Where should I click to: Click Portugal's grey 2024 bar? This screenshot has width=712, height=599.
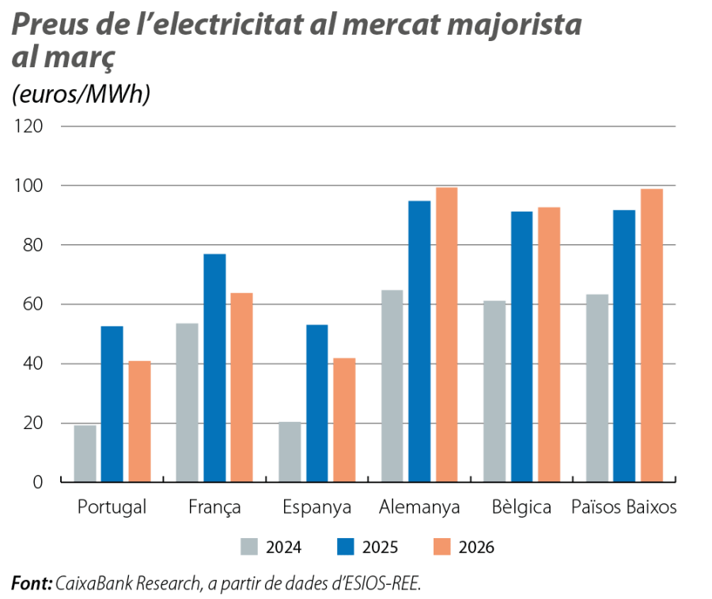[x=85, y=453]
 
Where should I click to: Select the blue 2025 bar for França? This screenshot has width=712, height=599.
[x=214, y=367]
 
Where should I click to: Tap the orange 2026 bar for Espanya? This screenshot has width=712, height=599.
[x=344, y=419]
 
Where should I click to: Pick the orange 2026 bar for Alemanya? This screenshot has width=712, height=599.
[x=446, y=333]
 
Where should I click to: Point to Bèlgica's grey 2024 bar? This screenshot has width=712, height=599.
[x=494, y=390]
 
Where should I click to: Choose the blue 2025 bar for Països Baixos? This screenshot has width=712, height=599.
[x=624, y=345]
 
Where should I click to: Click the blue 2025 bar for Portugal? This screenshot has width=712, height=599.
[x=112, y=403]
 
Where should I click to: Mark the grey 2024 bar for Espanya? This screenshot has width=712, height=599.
[x=290, y=451]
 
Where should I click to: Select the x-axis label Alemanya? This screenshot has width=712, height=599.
[x=419, y=507]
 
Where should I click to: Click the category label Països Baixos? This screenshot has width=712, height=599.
[x=624, y=507]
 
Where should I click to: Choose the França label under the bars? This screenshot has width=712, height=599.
[x=215, y=507]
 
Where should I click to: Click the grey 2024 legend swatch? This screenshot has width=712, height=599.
[x=249, y=547]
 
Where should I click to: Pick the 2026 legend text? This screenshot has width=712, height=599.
[x=476, y=548]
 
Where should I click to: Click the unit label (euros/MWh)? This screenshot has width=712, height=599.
[x=81, y=95]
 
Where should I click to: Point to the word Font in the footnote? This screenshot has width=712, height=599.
[x=31, y=583]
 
